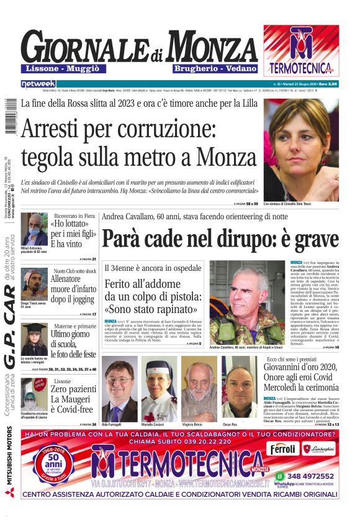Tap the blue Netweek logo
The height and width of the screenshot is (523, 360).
[38, 84]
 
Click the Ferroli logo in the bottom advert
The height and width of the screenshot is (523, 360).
[284, 448]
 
